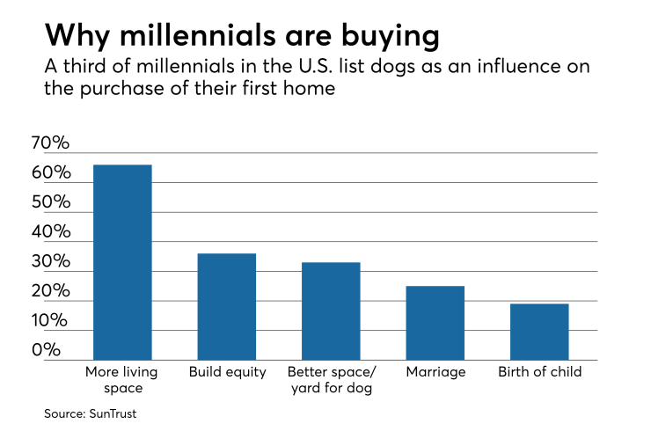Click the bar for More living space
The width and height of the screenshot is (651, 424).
coord(122,262)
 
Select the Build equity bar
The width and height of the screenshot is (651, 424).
coord(226,306)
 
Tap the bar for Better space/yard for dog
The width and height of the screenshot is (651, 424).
coord(331,311)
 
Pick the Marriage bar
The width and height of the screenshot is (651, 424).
coord(435,323)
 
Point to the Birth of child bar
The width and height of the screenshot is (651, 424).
coord(538,332)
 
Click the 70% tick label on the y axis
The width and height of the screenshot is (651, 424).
coord(51,143)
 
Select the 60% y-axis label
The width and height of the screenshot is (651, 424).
coord(51,173)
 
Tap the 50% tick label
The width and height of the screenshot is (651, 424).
coord(51,202)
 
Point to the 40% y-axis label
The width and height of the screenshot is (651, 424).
coord(51,232)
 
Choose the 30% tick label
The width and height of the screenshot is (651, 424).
coord(51,262)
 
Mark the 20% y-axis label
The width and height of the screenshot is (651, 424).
coord(51,291)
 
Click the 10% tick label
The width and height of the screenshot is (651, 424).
coord(51,321)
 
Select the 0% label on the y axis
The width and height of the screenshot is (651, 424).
coord(51,350)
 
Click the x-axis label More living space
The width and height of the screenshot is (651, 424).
coord(122,379)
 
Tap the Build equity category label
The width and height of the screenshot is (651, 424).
coord(227,372)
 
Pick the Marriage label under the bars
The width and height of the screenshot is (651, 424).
coord(435,372)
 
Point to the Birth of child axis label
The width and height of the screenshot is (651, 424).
coord(539,372)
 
